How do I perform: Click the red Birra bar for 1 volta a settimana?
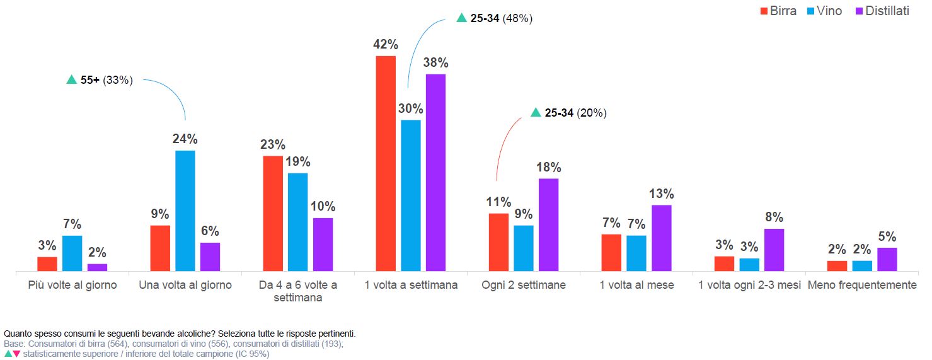(386, 164)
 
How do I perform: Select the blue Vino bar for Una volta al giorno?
(185, 211)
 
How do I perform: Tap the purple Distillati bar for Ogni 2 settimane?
(548, 224)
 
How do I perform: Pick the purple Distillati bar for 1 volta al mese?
(661, 238)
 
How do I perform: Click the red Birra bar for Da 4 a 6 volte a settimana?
(273, 213)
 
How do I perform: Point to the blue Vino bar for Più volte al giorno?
(72, 253)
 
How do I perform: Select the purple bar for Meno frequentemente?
(887, 259)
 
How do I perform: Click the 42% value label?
(386, 45)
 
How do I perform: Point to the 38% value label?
(435, 63)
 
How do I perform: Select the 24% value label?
(185, 139)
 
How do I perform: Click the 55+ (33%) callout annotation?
(100, 80)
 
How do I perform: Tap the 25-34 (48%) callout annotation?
(495, 18)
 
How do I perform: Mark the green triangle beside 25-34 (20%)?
(535, 113)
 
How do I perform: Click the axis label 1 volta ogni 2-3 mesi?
(749, 285)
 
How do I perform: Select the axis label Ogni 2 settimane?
(524, 285)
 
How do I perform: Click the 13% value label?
(661, 194)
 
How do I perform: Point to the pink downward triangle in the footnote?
(16, 354)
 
